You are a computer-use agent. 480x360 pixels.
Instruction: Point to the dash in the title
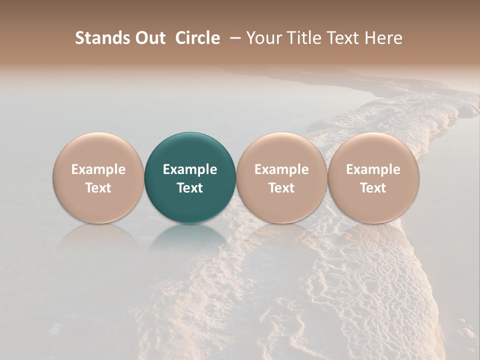click(233, 38)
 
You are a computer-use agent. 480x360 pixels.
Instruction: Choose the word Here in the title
click(383, 38)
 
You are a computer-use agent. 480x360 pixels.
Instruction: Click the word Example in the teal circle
click(190, 169)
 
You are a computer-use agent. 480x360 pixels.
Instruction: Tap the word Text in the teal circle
click(190, 188)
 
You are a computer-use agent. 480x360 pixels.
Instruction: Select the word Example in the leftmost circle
click(98, 169)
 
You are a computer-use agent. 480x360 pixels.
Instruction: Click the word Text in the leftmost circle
click(98, 188)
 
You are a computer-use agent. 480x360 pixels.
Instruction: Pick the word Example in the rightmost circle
click(373, 169)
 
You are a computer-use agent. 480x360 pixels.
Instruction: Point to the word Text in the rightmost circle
click(373, 188)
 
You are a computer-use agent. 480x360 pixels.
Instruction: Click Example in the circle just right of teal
click(281, 169)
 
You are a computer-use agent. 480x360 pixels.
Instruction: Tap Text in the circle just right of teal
click(281, 188)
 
